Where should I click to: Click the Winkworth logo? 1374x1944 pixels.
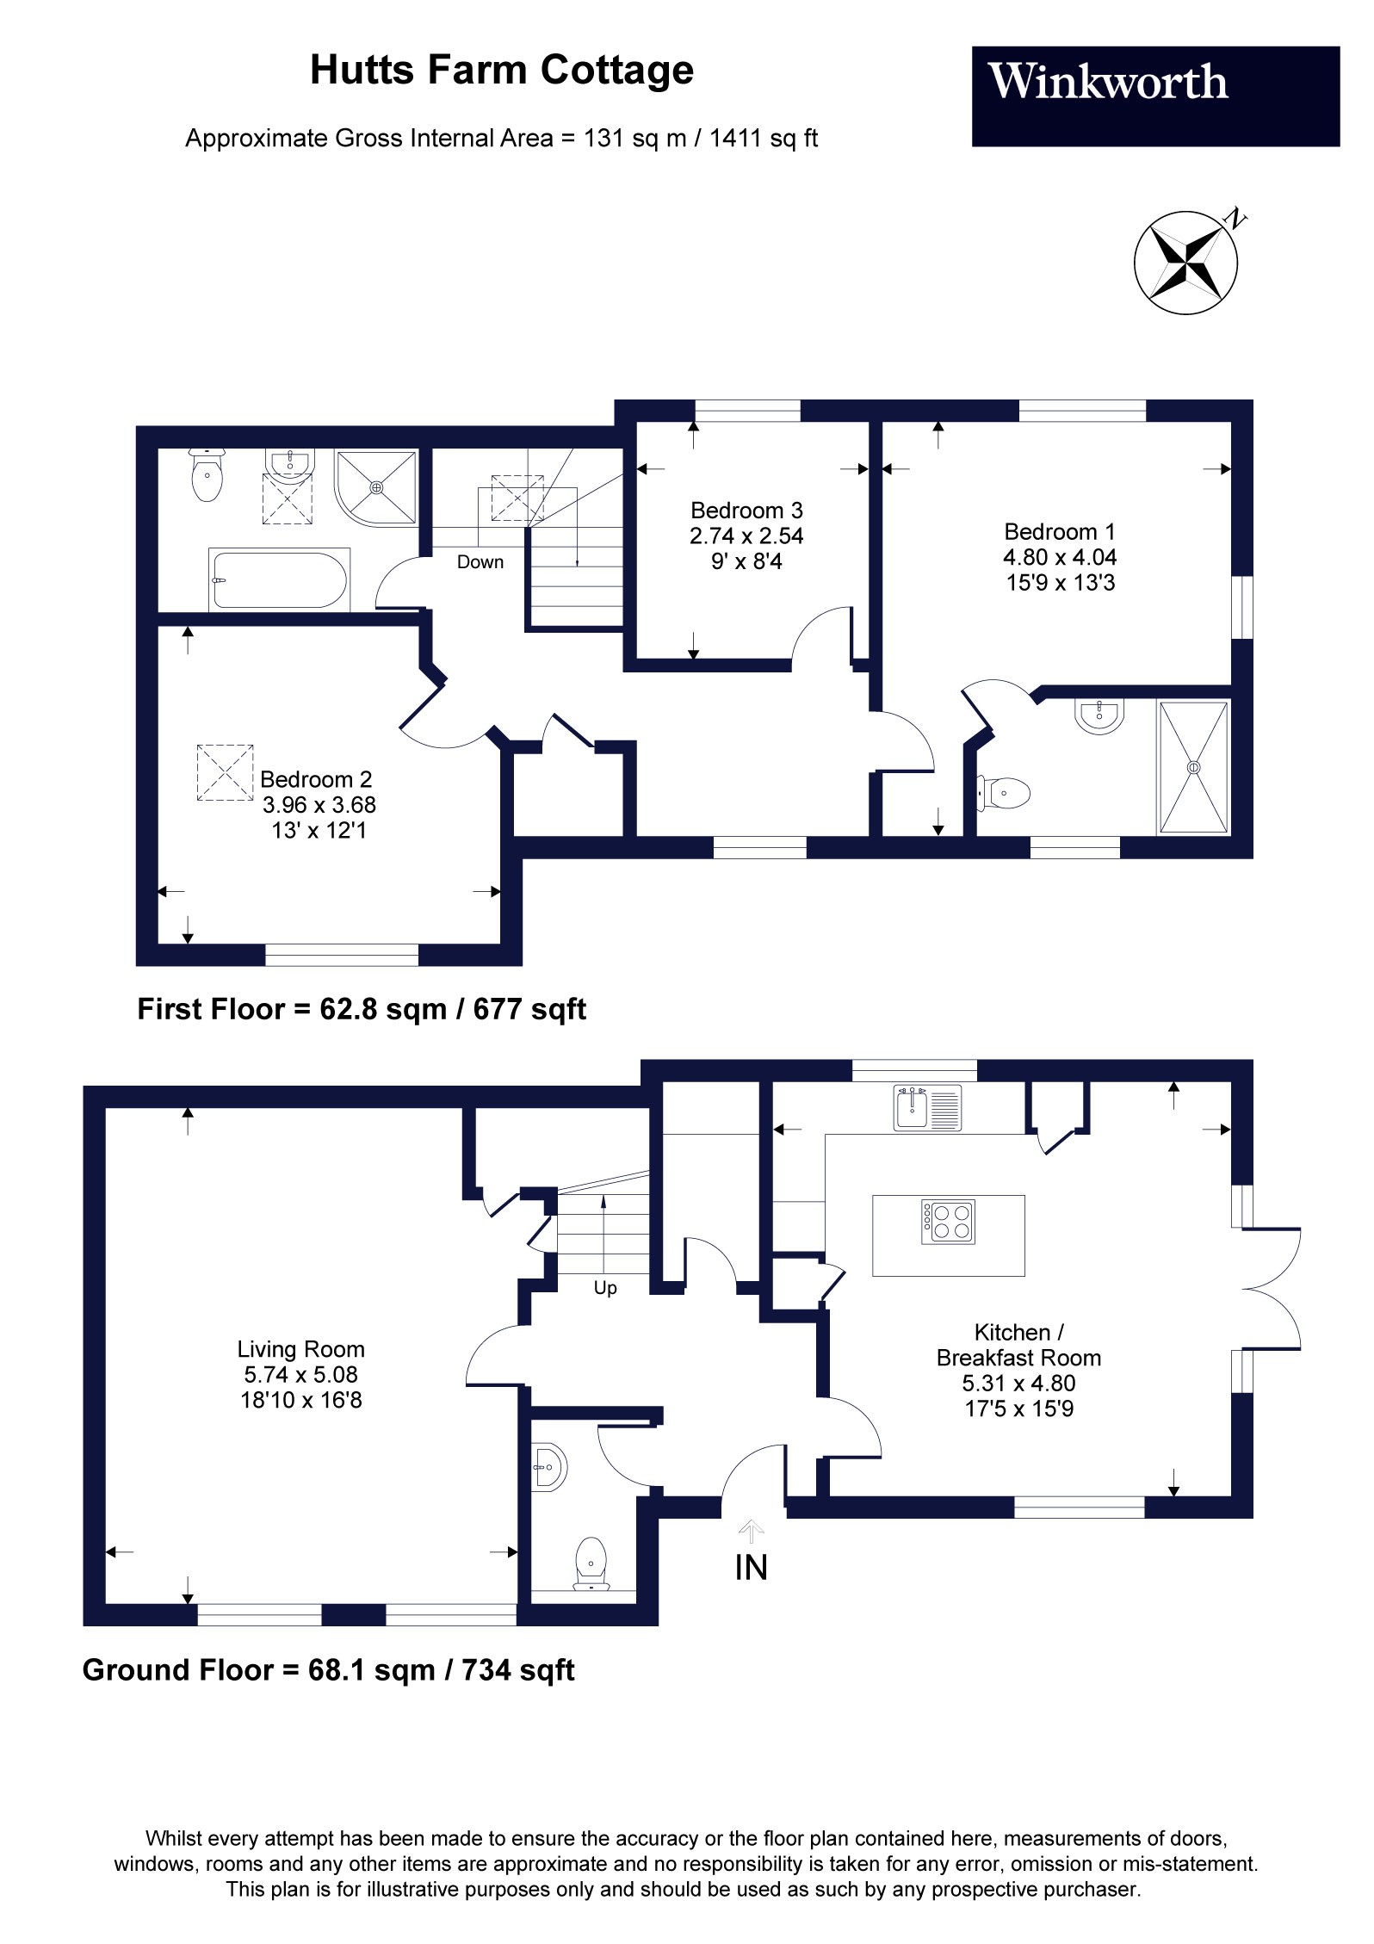[1107, 84]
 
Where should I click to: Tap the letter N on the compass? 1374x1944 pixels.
[1236, 219]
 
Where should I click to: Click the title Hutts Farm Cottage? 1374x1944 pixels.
[501, 71]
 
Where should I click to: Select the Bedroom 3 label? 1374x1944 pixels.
[746, 511]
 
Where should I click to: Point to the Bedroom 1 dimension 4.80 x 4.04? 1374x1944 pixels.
[1059, 557]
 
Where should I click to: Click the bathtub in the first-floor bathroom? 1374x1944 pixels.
[279, 580]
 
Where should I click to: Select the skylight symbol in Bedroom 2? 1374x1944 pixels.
[226, 772]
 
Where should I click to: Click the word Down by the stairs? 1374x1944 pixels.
[480, 562]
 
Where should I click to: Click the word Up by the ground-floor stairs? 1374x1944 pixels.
[604, 1289]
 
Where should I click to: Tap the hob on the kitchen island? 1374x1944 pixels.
[948, 1221]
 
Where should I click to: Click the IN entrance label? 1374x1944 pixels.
[751, 1567]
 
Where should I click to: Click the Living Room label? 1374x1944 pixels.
[300, 1349]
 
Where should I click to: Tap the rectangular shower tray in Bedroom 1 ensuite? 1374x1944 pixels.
[1193, 767]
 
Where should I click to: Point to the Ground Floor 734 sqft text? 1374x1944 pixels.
[518, 1670]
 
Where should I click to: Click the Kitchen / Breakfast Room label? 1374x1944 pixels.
[1018, 1345]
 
